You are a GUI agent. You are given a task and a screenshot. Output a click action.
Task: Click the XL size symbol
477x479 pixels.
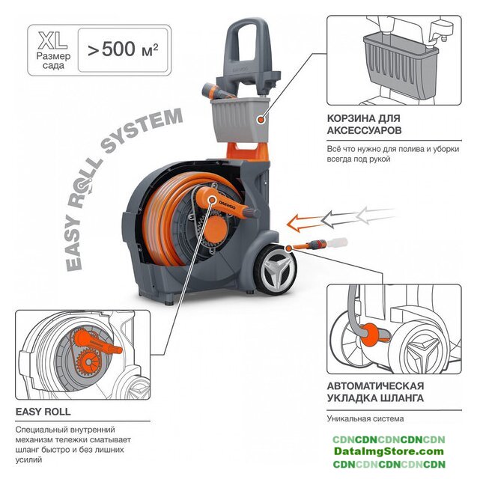(x=52, y=40)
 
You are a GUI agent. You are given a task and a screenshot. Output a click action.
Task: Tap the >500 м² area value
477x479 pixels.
(x=123, y=49)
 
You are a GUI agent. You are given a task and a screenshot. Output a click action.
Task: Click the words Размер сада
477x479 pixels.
(x=53, y=61)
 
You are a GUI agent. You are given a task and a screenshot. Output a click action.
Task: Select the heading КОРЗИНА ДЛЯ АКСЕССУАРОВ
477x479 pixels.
(x=364, y=124)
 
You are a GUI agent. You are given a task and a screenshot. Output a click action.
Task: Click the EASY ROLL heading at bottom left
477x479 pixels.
(x=43, y=412)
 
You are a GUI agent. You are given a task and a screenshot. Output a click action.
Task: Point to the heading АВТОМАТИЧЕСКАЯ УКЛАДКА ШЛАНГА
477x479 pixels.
(x=376, y=392)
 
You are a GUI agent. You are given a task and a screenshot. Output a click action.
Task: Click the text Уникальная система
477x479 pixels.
(x=365, y=418)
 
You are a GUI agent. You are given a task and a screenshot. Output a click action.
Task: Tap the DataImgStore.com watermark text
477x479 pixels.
(x=389, y=451)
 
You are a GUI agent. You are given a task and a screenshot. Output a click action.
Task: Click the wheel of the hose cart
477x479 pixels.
(x=275, y=269)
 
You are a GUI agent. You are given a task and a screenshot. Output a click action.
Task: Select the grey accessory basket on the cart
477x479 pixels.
(x=240, y=120)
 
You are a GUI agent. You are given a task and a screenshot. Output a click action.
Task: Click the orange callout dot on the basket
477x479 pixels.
(x=261, y=120)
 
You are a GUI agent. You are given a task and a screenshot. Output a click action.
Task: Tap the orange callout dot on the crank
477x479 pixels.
(x=211, y=200)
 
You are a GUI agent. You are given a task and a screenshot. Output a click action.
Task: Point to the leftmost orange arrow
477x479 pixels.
(x=306, y=223)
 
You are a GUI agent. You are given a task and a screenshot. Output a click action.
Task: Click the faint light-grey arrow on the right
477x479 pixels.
(x=374, y=214)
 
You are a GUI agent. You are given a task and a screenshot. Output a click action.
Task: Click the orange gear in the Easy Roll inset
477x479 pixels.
(x=88, y=362)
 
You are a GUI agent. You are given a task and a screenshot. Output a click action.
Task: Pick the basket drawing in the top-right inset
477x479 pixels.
(x=401, y=65)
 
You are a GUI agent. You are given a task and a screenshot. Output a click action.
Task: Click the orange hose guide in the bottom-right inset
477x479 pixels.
(x=374, y=335)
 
